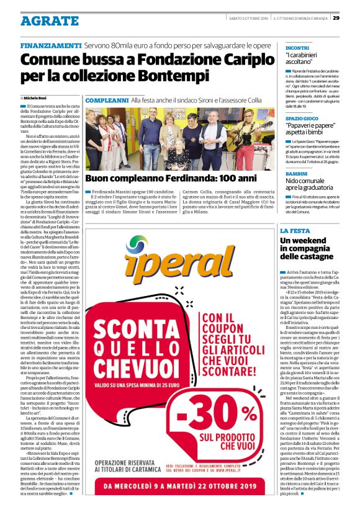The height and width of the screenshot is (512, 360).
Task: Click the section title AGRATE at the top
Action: pyautogui.click(x=50, y=20)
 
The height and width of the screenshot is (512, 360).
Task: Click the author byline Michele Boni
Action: pyautogui.click(x=40, y=99)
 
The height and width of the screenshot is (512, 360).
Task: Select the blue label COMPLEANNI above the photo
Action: pyautogui.click(x=106, y=100)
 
